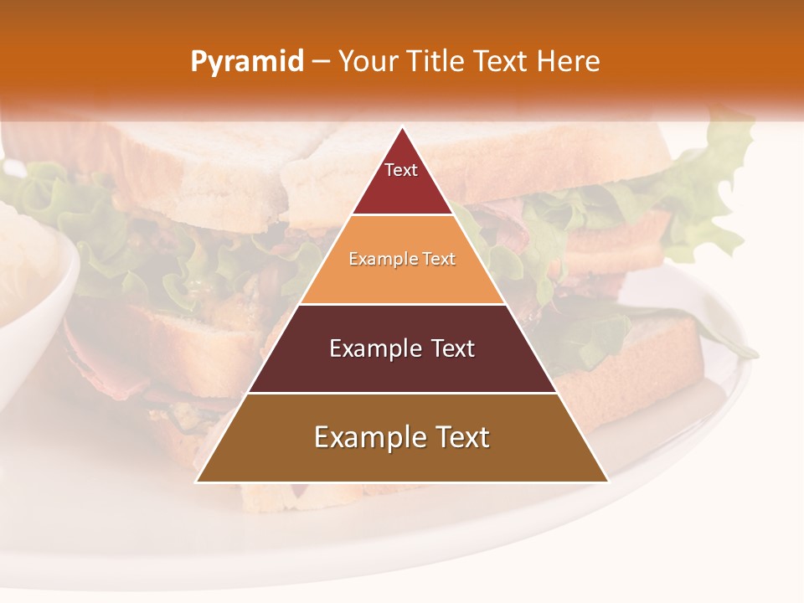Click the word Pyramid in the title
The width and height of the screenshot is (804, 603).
(247, 62)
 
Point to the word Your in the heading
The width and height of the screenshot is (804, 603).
(368, 62)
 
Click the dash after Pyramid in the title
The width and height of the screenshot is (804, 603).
(321, 62)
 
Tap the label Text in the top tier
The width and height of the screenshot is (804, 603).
(401, 170)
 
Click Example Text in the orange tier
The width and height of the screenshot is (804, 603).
(402, 260)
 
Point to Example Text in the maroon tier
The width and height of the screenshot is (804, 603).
(402, 348)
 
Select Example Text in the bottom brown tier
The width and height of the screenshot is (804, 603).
(402, 437)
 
